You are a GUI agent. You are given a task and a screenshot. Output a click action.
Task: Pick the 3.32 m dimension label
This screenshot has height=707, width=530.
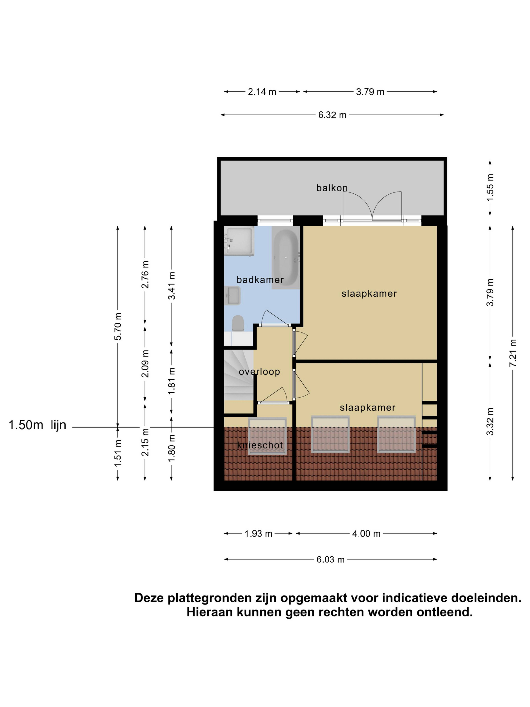(490, 421)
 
